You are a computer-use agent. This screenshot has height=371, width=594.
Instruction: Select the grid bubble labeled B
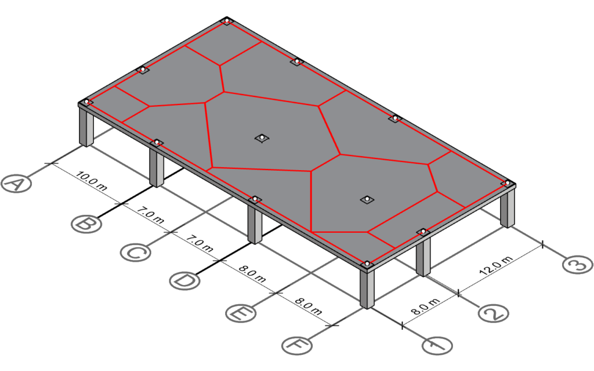point(86,224)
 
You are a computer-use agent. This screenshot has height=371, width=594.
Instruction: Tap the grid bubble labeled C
point(136,253)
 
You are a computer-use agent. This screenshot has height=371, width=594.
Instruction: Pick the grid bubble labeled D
point(185,281)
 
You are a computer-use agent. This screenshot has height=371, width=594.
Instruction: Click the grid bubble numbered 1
point(437,345)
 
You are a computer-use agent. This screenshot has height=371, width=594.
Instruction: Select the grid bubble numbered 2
point(494,314)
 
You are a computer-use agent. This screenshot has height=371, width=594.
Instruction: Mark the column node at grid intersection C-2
point(262,138)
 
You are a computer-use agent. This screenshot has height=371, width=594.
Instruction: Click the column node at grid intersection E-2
point(367,199)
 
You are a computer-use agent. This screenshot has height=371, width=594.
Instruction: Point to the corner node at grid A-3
point(227,21)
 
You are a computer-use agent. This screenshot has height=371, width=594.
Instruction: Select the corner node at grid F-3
point(506,183)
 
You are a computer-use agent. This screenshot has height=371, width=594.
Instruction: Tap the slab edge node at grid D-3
point(395,118)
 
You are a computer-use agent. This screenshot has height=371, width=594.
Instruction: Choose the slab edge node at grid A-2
point(142,70)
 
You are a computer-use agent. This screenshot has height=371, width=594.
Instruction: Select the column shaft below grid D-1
point(255,224)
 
